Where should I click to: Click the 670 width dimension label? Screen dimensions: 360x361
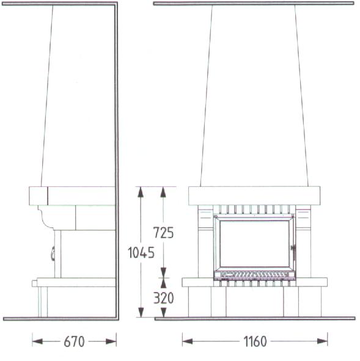(74, 341)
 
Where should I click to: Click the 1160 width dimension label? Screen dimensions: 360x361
(255, 341)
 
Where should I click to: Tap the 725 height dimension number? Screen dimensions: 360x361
(163, 233)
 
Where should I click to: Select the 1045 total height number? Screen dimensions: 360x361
(141, 252)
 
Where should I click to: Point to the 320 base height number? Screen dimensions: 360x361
(163, 298)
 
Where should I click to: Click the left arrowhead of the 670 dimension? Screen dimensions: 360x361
(37, 341)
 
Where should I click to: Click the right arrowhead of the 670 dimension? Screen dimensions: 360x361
(111, 341)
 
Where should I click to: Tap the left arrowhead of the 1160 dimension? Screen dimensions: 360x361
(188, 341)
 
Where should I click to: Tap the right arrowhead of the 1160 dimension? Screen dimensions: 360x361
(322, 341)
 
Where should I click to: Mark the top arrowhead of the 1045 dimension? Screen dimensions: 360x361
(141, 192)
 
